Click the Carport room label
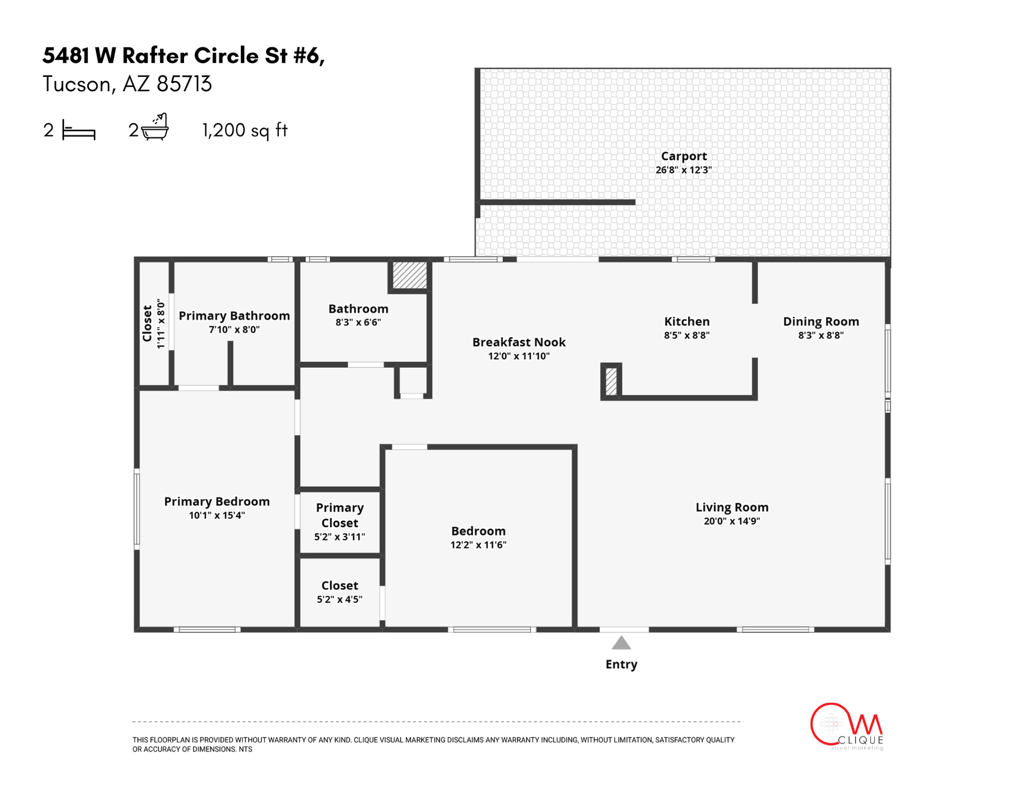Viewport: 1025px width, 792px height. coord(684,156)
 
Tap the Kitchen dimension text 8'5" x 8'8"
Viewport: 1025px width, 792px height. coord(687,335)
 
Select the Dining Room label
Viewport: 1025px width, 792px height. coord(821,321)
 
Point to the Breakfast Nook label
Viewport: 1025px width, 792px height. coord(519,342)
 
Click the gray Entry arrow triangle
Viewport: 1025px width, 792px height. coord(621,643)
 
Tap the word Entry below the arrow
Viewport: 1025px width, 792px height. coord(621,664)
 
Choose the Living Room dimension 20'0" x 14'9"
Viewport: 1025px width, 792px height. coord(732,521)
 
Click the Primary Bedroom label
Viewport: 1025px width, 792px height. coord(217,501)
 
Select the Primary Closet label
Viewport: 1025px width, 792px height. coord(339,515)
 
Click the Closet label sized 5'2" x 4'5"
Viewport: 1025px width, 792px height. coord(339,586)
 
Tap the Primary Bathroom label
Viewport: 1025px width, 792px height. coord(234,316)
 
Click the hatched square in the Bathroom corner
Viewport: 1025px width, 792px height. coord(410,275)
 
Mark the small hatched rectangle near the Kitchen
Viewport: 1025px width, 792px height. coord(611,381)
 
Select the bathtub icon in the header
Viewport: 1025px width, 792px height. coord(155,128)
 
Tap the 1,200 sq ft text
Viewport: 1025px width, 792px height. coord(244,130)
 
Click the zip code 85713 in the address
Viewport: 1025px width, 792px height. coord(184,84)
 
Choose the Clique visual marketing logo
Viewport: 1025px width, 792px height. coord(846,726)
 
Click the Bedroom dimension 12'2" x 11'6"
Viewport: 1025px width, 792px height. coord(478,545)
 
